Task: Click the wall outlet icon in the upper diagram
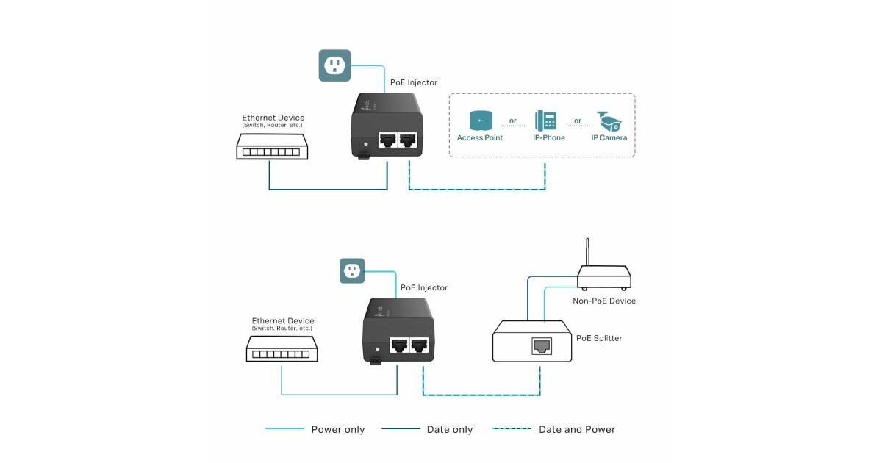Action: [334, 65]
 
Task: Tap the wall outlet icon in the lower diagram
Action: [352, 271]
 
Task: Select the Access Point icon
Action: [480, 121]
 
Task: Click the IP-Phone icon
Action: [545, 121]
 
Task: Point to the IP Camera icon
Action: [609, 121]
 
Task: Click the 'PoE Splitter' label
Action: [599, 338]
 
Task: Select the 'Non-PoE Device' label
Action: [604, 301]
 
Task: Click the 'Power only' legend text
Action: [337, 429]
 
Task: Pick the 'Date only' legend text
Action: [450, 429]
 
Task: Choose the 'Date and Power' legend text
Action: [577, 429]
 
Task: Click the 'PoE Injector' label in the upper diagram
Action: [414, 82]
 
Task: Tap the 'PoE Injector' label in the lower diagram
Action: [424, 287]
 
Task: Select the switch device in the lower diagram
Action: [282, 351]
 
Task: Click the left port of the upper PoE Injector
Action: [387, 140]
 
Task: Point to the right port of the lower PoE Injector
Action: [420, 345]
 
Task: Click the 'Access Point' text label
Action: [480, 137]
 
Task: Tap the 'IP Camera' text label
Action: [609, 137]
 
